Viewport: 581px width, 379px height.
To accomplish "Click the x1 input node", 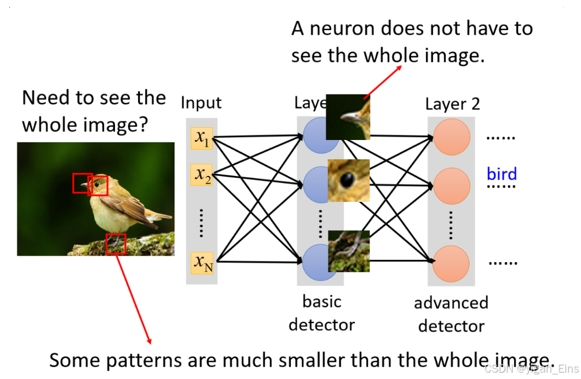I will pos(202,138).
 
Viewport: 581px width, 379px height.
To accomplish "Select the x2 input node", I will pos(202,174).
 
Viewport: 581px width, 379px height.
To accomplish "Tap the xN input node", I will pos(202,263).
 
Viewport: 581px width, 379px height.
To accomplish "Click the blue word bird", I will pos(501,174).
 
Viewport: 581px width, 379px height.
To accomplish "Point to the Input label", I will pos(201,103).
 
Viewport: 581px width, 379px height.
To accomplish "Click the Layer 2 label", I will pos(452,104).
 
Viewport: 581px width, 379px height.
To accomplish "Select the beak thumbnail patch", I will pos(348,117).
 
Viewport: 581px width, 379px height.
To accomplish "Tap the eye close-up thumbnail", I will pos(348,180).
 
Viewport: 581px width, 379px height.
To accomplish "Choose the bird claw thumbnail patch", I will pos(348,251).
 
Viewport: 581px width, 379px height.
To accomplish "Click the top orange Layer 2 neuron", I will pos(452,137).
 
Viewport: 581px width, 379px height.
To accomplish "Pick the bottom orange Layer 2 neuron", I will pos(452,263).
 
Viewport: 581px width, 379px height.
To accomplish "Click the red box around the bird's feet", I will pos(116,244).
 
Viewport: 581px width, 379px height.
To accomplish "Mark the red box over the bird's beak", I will pos(82,183).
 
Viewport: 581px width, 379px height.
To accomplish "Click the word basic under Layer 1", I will pos(321,301).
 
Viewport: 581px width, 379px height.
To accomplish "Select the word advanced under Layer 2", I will pos(451,303).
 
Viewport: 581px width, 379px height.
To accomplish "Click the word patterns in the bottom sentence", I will pos(144,360).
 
